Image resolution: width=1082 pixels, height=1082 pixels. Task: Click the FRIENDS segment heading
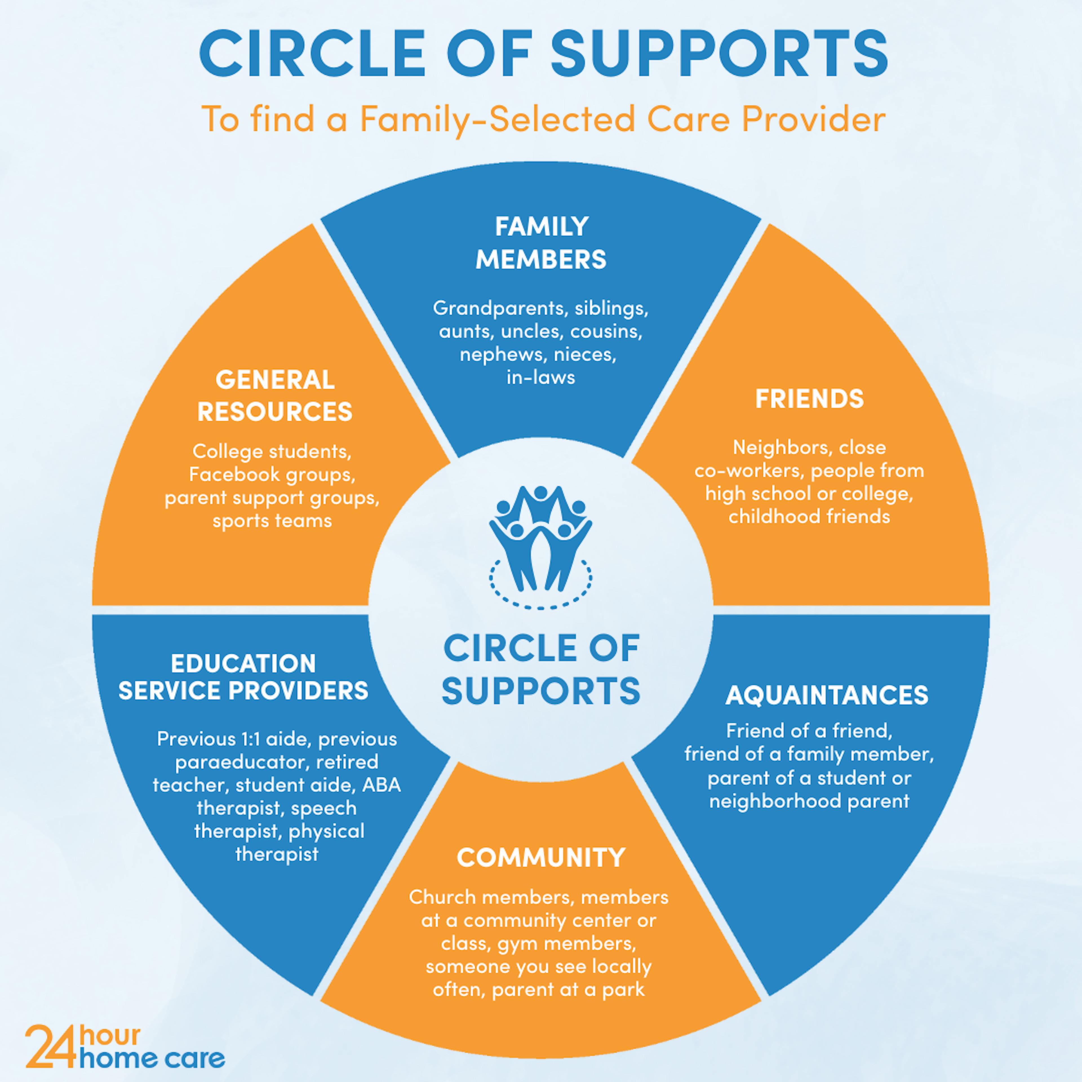pos(809,399)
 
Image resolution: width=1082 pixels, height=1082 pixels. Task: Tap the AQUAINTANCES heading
pos(827,695)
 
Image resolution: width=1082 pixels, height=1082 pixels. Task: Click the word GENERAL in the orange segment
pos(275,380)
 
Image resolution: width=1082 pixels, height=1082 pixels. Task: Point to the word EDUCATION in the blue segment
pos(244,664)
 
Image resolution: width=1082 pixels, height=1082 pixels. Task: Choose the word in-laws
pos(540,378)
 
